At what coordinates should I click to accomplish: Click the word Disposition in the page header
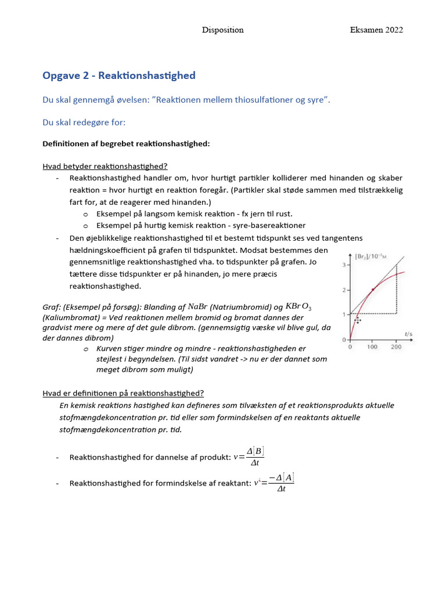[x=222, y=30]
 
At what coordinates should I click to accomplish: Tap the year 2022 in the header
[x=393, y=30]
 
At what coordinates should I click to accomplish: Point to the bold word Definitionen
[x=68, y=143]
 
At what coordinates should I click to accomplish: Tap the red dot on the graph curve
[x=373, y=289]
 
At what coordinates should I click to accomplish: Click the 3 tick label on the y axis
[x=344, y=265]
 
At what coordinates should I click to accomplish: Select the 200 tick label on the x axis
[x=396, y=347]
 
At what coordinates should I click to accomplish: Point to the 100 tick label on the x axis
[x=373, y=347]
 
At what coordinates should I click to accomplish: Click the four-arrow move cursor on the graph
[x=358, y=320]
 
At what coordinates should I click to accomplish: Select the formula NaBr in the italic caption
[x=197, y=307]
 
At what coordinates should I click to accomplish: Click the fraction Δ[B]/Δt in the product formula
[x=254, y=457]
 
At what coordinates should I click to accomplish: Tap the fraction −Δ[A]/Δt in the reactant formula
[x=281, y=483]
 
